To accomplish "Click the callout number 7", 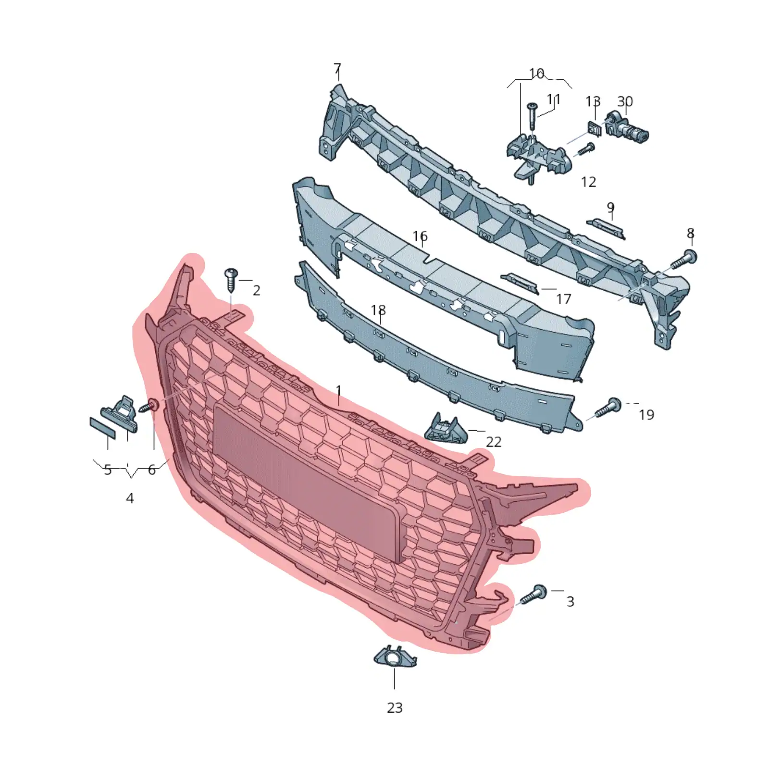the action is (x=337, y=69).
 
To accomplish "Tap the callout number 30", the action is (x=625, y=101).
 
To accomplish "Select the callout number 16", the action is (x=420, y=236).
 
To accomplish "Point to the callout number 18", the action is (x=379, y=310).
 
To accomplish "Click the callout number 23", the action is (x=395, y=707).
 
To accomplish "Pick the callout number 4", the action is (x=130, y=498).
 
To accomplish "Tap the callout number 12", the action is (x=588, y=182).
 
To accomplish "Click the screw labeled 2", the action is (x=231, y=280).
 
